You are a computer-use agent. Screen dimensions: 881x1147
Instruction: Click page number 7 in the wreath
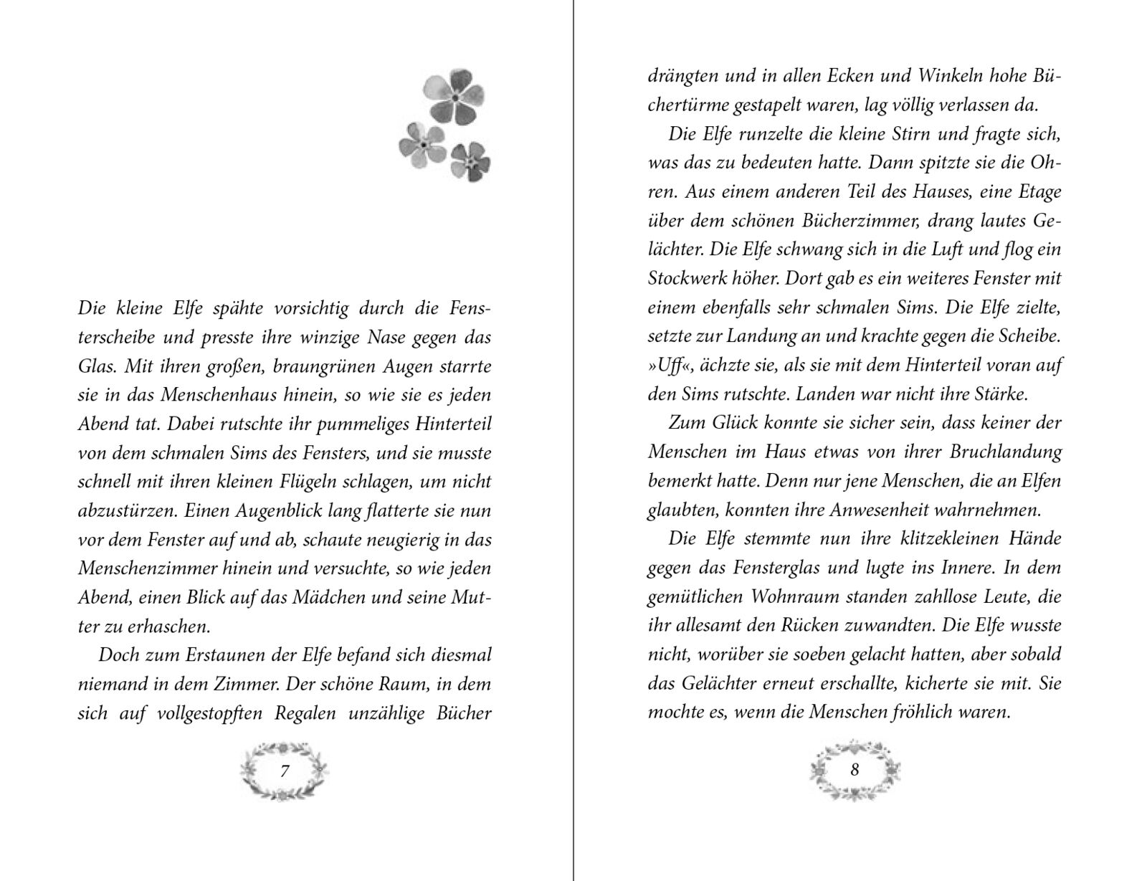[285, 772]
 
